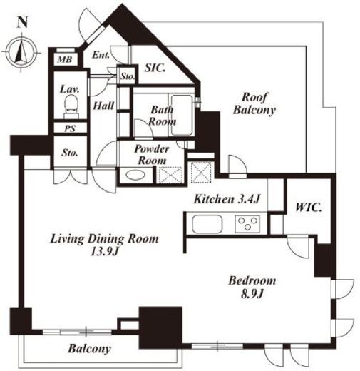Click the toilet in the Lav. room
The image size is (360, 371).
point(71,106)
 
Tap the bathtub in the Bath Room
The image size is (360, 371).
point(182,115)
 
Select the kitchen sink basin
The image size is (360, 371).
point(207,224)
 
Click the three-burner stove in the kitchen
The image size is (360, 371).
point(247,224)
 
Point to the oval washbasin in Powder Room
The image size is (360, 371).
point(135,176)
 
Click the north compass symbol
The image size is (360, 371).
point(21,52)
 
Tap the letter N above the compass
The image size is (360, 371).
point(23,22)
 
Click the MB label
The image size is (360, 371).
point(65,59)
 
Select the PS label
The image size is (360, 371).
point(70,128)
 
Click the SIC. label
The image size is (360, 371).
point(155,68)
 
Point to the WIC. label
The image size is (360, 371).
point(309,208)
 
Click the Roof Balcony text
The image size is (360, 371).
point(254,103)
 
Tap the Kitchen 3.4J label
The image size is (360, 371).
point(227,199)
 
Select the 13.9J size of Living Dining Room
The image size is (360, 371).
point(105,252)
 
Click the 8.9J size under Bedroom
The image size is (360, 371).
point(252,294)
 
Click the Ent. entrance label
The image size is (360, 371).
point(101,55)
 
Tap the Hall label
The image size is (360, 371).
point(103,106)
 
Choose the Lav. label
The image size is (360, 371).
point(69,89)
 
